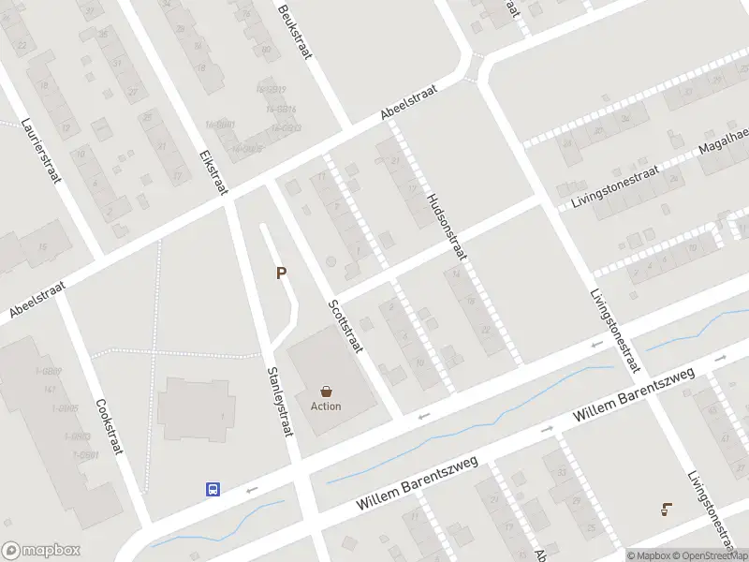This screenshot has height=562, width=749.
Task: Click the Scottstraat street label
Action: point(345,326)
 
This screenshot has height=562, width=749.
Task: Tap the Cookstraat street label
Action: point(110,427)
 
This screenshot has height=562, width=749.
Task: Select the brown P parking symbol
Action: point(280,274)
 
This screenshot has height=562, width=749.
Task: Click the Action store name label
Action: point(326,407)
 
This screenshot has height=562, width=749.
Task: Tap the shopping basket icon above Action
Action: point(326,392)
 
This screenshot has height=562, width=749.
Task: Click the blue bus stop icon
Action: point(213,488)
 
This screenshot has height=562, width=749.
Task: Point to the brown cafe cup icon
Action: point(665,510)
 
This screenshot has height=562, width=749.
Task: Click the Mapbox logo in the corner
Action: point(40,551)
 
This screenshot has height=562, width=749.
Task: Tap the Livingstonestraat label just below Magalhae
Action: point(613,187)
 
